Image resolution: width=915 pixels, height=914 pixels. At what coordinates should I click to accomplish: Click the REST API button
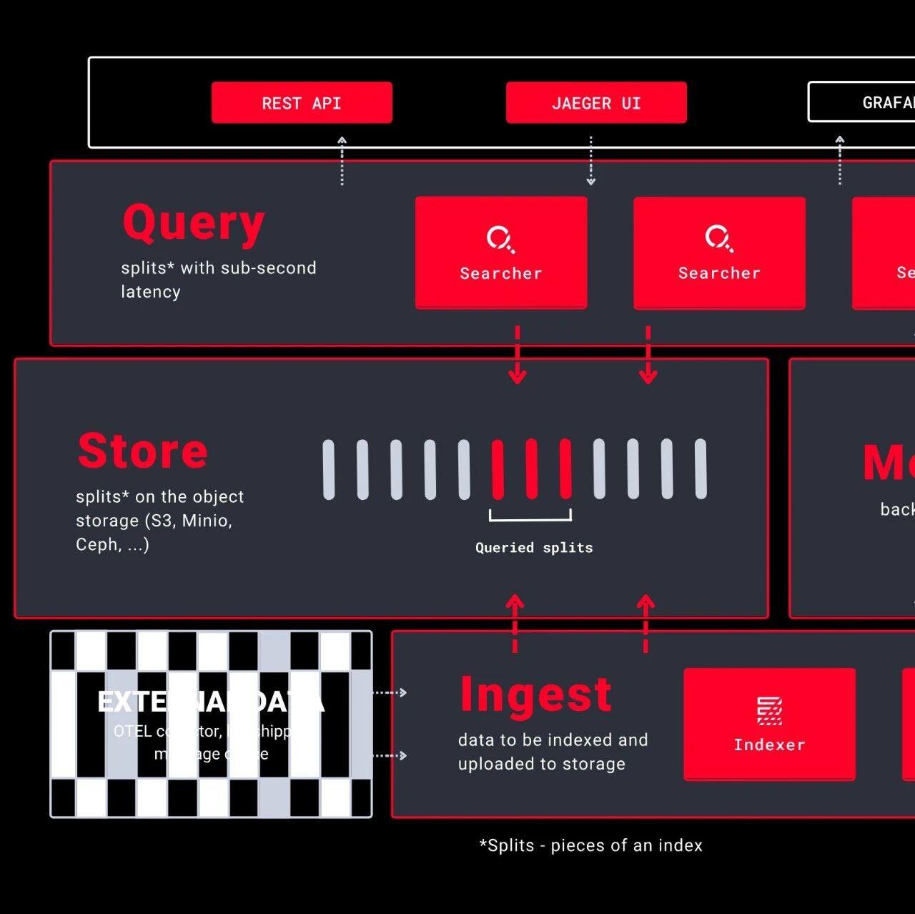tap(302, 103)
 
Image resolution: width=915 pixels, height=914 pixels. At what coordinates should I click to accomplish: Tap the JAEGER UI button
tap(596, 103)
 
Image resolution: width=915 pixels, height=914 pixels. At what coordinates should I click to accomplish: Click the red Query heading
tap(194, 223)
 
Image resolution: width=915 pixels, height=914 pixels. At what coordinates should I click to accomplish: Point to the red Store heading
tap(143, 451)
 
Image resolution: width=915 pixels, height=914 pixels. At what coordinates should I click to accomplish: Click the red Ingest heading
tap(536, 694)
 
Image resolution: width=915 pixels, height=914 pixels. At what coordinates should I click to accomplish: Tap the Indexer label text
tap(769, 745)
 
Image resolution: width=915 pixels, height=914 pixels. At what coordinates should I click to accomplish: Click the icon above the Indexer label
tap(769, 711)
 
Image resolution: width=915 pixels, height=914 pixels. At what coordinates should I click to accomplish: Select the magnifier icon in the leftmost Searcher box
tap(500, 239)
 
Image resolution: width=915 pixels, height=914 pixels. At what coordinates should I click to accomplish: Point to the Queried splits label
tap(534, 548)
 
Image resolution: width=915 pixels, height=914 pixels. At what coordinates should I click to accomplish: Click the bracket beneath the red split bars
tap(530, 516)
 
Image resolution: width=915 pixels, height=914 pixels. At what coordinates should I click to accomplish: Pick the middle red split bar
tap(532, 469)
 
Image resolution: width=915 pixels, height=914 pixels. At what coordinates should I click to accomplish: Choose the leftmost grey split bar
tap(329, 469)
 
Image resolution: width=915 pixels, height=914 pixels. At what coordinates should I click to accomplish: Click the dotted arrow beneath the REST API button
tap(342, 161)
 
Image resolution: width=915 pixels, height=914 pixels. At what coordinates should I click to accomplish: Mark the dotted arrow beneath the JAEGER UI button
tap(590, 161)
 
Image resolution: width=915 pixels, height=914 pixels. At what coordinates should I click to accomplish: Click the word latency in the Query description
tap(151, 292)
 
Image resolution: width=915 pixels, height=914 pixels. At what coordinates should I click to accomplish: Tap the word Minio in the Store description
tap(207, 521)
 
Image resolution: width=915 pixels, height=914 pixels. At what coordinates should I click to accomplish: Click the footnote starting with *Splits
tap(590, 845)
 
